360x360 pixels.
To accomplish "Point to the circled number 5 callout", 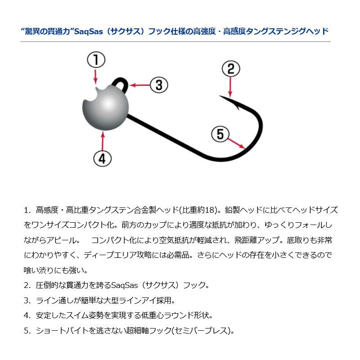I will click(x=220, y=134).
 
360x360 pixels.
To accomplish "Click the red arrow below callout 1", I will click(x=95, y=76).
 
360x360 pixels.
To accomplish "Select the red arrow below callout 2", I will click(x=230, y=86).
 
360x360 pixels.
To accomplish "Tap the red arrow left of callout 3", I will click(x=139, y=85).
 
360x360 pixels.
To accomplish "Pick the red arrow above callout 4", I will click(x=103, y=139).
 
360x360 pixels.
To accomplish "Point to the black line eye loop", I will click(x=121, y=83).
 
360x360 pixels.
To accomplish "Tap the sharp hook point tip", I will click(x=221, y=95).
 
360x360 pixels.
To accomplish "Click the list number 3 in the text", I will click(x=27, y=300).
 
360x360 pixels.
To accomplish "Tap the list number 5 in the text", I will click(x=27, y=331).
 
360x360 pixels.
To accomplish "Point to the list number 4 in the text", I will click(x=27, y=315).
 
